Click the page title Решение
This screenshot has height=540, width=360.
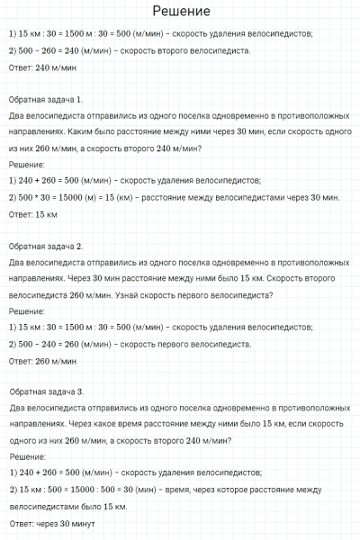(x=181, y=12)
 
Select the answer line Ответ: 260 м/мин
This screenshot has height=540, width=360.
(x=40, y=360)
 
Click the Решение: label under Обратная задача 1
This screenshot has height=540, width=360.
(x=27, y=165)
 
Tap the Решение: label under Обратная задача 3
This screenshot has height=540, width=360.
(x=27, y=458)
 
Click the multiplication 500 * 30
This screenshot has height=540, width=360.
(x=37, y=197)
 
